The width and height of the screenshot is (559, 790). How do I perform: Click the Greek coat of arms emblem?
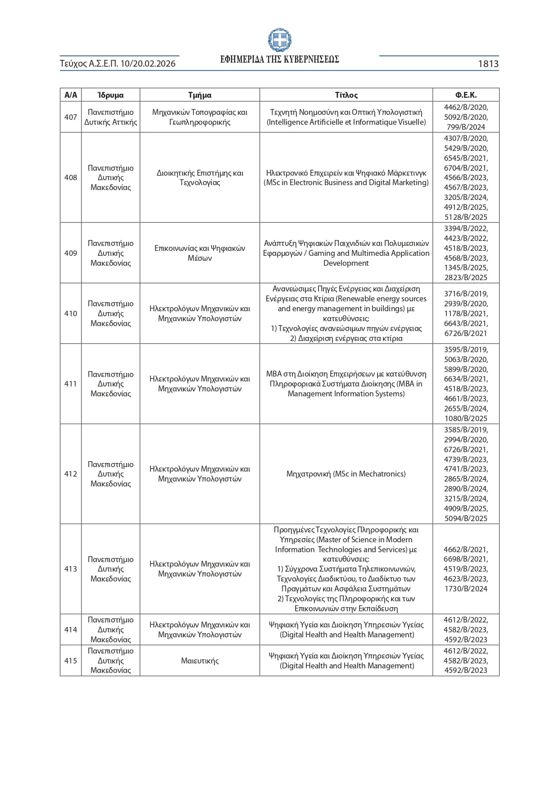tap(279, 40)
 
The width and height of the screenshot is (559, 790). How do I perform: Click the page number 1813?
tap(488, 64)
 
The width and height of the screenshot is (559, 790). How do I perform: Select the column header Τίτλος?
tap(346, 95)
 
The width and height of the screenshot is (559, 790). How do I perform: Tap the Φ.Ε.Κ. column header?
tap(466, 95)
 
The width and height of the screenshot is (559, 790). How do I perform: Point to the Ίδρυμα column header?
tap(110, 95)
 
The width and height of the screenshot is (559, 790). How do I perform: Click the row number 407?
tap(71, 117)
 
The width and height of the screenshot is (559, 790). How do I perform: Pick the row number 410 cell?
tap(71, 313)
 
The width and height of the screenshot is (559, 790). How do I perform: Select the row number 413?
tap(71, 569)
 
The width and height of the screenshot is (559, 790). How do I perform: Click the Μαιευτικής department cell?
tap(200, 661)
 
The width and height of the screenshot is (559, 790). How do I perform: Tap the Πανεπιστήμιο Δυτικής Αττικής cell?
tap(110, 117)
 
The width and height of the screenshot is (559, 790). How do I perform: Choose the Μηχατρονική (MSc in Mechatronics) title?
tap(346, 474)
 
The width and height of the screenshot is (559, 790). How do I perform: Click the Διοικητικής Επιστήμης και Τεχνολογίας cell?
tap(200, 177)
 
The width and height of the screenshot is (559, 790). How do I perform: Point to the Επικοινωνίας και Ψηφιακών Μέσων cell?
tap(200, 253)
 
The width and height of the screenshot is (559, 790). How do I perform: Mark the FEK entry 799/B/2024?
tap(466, 127)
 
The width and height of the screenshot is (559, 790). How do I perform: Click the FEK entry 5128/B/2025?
tap(466, 217)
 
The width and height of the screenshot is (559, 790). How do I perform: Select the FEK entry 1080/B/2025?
tap(466, 418)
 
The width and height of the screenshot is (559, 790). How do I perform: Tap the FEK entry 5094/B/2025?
tap(466, 518)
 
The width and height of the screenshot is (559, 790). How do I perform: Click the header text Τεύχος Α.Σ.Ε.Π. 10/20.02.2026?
tap(118, 64)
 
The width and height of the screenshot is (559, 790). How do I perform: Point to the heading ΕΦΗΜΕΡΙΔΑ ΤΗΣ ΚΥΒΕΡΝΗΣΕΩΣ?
tap(279, 59)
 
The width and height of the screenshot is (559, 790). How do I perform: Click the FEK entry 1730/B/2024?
tap(466, 589)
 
